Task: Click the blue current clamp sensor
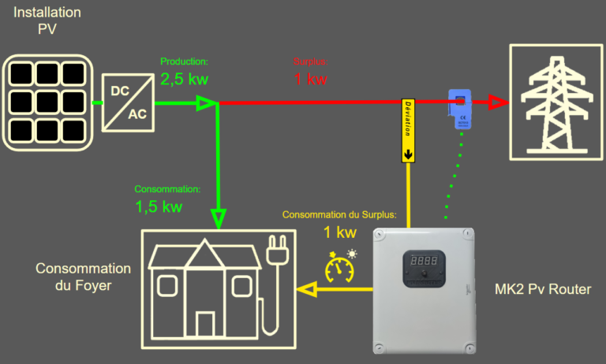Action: [459, 110]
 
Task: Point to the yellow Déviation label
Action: [408, 130]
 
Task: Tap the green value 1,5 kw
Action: [159, 207]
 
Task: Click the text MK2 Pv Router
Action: [543, 290]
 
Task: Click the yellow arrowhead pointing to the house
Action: [305, 291]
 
